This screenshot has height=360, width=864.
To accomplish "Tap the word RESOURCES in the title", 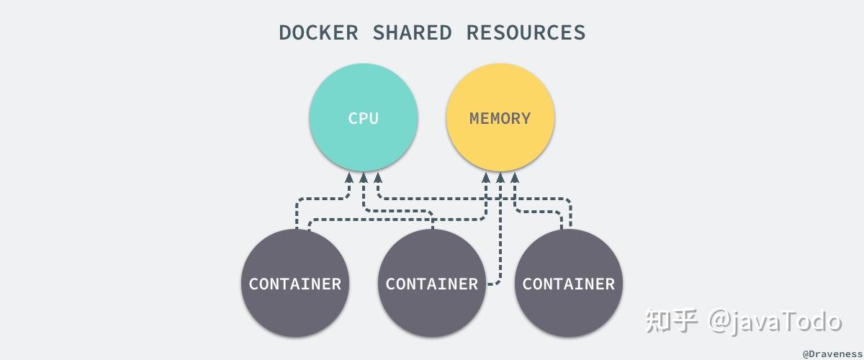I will pos(526,32).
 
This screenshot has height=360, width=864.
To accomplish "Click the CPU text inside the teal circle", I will pos(363,119).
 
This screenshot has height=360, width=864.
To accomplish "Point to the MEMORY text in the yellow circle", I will pos(500,119).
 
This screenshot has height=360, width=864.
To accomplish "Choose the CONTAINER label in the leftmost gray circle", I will pos(294,284).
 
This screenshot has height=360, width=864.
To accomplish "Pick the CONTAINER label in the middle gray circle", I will pos(431,284).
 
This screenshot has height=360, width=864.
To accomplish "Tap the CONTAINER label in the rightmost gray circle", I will pos(568,284).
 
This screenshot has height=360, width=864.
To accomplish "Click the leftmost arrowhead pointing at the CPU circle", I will pos(350,177).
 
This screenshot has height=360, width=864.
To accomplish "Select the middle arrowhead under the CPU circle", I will pos(364,177).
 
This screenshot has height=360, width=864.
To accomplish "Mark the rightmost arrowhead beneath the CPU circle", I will pos(377,177).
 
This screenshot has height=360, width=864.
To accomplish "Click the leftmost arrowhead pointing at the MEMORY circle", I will pos(487,177).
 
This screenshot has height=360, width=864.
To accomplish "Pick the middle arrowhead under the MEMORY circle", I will pos(500,177).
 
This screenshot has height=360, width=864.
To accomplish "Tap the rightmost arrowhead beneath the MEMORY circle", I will pos(514,177).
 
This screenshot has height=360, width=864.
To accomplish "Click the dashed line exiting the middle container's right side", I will pos(492,284).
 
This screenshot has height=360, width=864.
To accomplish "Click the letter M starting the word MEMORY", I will pos(475,119).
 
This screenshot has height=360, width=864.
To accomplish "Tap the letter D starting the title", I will pos(285,32).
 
